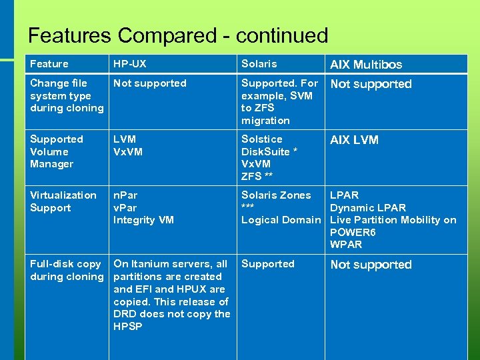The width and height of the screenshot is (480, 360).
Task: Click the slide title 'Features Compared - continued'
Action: click(x=178, y=35)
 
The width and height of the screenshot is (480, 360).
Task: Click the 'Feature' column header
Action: click(x=49, y=64)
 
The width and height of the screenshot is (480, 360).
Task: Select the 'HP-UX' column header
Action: click(x=130, y=64)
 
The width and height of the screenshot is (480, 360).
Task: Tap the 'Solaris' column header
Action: click(x=259, y=64)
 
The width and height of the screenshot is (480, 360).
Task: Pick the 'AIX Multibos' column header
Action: click(x=366, y=65)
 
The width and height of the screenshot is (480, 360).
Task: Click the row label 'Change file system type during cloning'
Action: click(x=67, y=95)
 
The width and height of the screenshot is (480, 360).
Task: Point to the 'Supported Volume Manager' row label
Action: click(x=56, y=151)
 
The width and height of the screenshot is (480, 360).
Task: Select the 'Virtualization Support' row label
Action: click(x=63, y=201)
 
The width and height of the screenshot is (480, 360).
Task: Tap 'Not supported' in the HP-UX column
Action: click(x=149, y=83)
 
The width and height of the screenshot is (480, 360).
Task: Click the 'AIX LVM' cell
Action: click(x=354, y=140)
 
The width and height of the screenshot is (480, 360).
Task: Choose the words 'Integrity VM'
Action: click(x=144, y=220)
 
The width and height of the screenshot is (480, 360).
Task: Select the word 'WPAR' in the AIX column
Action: click(x=346, y=245)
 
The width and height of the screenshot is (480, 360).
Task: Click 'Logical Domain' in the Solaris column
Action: click(x=281, y=220)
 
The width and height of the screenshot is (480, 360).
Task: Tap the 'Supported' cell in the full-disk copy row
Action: click(x=267, y=264)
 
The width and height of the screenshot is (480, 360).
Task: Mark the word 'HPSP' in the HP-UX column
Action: click(x=128, y=327)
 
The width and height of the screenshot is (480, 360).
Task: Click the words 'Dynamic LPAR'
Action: click(x=368, y=207)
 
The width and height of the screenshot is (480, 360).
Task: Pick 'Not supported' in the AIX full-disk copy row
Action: click(x=371, y=265)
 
